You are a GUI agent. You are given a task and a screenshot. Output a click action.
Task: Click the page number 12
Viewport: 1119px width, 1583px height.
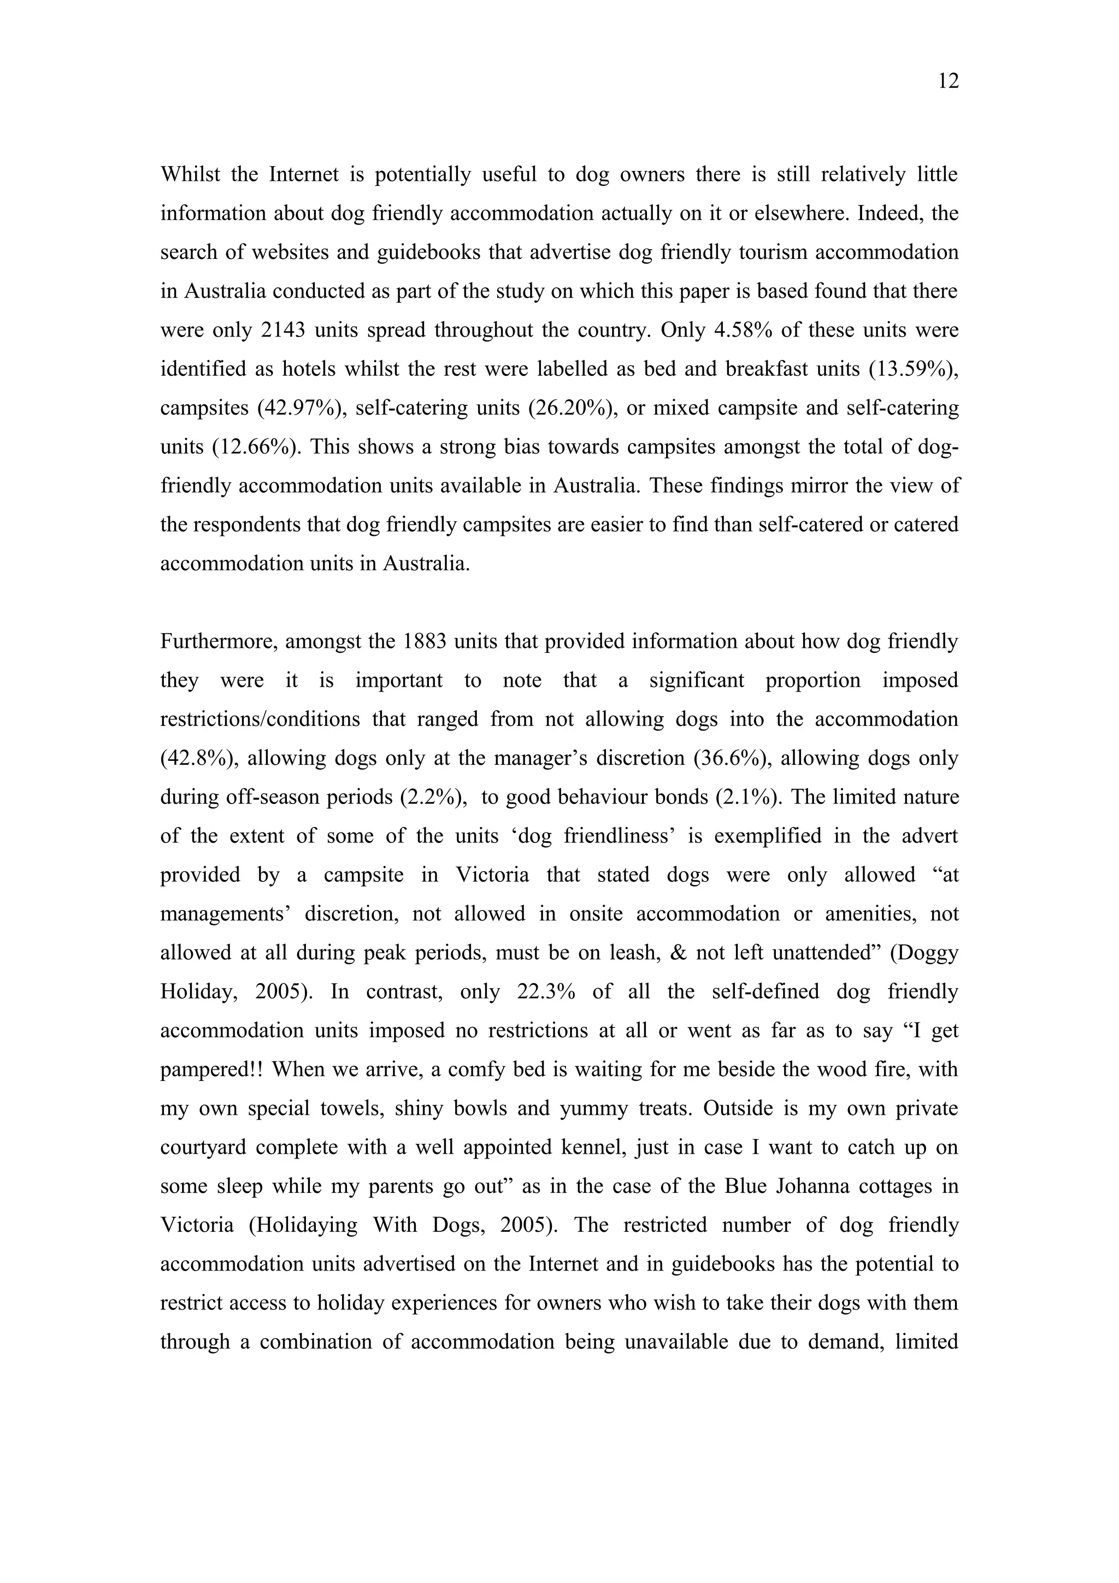click(948, 81)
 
